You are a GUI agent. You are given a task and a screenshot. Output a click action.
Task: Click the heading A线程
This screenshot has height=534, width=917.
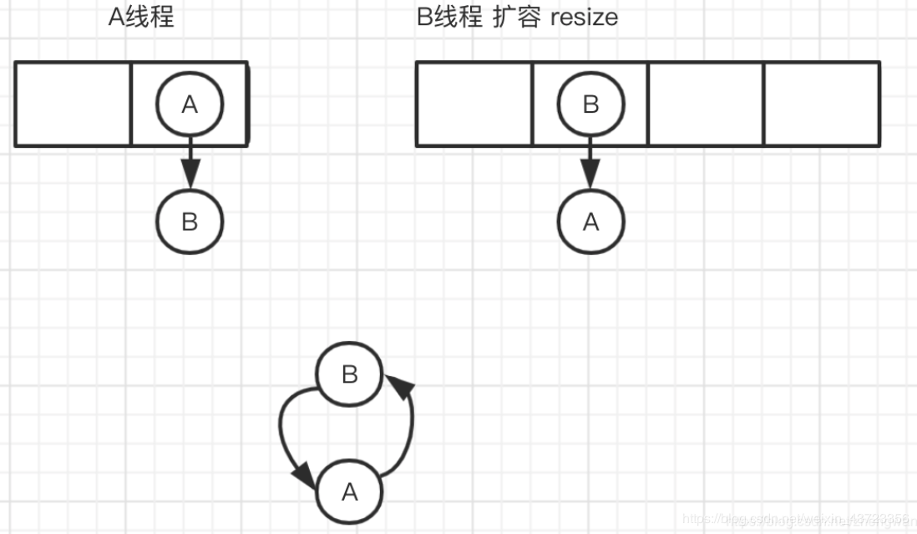pos(141,17)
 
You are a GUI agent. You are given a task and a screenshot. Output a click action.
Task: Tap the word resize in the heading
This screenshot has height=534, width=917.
pos(584,17)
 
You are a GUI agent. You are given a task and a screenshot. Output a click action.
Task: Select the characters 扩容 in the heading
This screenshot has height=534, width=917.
pos(516,17)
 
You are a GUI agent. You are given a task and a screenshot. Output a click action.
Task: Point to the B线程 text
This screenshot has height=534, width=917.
pos(450,17)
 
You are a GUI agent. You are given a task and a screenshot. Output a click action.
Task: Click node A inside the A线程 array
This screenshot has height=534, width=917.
pos(190,104)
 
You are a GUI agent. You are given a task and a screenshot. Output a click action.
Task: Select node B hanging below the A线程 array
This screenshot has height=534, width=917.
pos(190,221)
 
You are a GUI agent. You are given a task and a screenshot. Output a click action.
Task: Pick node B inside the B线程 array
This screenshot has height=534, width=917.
pos(590,104)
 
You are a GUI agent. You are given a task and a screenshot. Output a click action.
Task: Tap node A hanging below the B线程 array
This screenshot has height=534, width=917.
pos(590,221)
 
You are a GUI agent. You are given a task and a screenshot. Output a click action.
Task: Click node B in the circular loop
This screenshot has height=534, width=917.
pos(349,374)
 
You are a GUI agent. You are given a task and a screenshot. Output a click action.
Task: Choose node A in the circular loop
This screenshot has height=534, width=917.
pos(349,492)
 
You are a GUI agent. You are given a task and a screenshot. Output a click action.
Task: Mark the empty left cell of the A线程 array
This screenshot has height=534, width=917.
pos(73,104)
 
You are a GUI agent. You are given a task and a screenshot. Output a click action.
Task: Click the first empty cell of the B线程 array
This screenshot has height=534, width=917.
pos(474,104)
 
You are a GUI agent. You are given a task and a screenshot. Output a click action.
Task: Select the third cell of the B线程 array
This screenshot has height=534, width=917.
pos(706,104)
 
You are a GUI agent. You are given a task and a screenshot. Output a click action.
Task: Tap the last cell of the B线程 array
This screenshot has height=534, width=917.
pos(822,104)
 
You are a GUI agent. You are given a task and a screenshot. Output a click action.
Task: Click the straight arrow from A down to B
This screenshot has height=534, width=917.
pos(190,163)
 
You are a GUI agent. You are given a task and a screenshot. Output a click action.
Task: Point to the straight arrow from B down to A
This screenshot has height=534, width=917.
pos(590,163)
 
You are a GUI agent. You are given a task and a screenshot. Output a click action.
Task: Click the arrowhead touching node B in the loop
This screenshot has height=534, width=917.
pos(400,385)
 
